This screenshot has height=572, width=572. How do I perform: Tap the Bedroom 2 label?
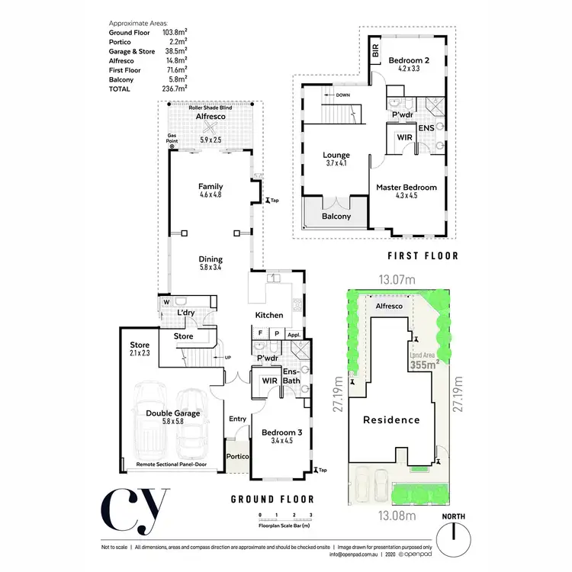(410, 60)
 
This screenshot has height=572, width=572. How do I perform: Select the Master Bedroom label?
(407, 188)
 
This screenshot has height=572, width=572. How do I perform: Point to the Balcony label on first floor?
(336, 217)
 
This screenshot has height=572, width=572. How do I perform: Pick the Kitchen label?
(269, 315)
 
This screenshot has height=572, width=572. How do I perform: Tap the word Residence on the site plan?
(391, 419)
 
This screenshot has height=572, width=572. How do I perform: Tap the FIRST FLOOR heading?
(423, 256)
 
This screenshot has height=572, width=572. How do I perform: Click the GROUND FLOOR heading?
(272, 500)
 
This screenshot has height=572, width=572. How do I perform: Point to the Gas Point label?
(172, 140)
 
